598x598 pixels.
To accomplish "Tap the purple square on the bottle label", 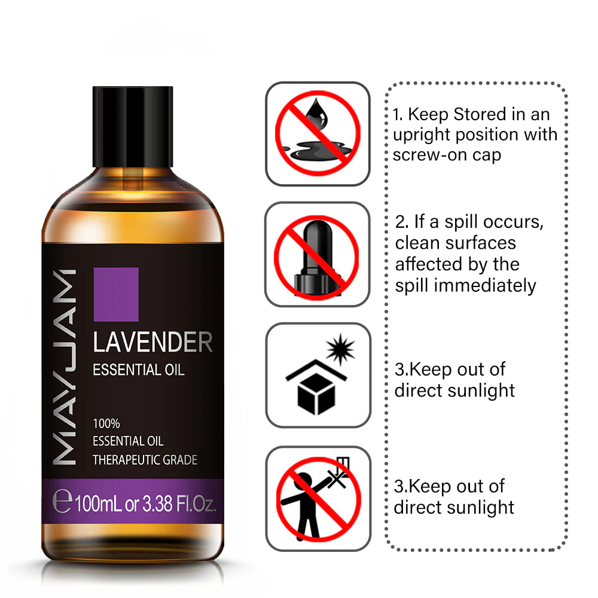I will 116,294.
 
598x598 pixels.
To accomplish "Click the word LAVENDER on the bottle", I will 152,343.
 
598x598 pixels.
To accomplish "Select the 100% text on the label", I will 106,424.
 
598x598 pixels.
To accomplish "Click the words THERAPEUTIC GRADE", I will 145,460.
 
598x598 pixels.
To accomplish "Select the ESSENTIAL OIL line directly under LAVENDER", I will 139,370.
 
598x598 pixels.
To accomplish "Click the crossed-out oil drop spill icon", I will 318,133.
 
